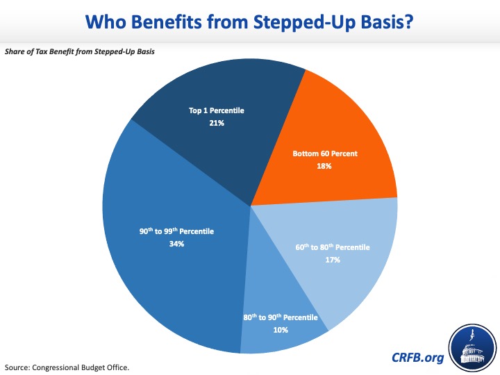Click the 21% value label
[217, 123]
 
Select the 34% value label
[176, 244]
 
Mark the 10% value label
[280, 330]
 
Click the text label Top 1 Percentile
[217, 110]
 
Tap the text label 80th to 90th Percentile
[281, 317]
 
